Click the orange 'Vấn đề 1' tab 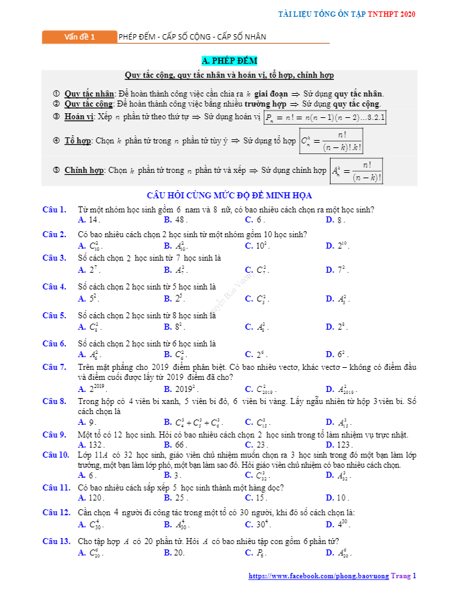79,37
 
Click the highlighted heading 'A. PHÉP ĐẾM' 229,61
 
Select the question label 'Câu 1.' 54,210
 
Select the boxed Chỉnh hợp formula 357,171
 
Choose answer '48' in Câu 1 179,220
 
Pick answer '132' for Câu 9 96,444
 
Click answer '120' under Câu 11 96,498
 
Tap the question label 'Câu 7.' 54,367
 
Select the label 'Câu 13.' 56,541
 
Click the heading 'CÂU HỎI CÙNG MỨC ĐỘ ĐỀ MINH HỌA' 230,196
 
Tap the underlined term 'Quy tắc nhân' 89,94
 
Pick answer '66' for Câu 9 179,444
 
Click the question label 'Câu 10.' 56,454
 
